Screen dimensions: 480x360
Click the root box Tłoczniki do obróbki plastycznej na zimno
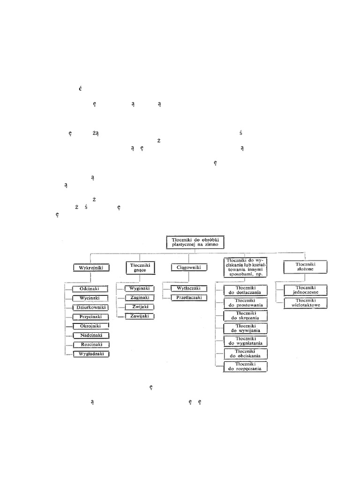tap(195, 242)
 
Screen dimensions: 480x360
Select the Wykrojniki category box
tap(91, 268)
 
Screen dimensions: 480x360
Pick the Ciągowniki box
tap(189, 268)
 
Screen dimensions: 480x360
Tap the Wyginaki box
tap(140, 289)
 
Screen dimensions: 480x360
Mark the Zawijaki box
tap(140, 316)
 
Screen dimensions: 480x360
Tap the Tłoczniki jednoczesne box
tap(306, 290)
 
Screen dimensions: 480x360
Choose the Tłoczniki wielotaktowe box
tap(306, 303)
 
